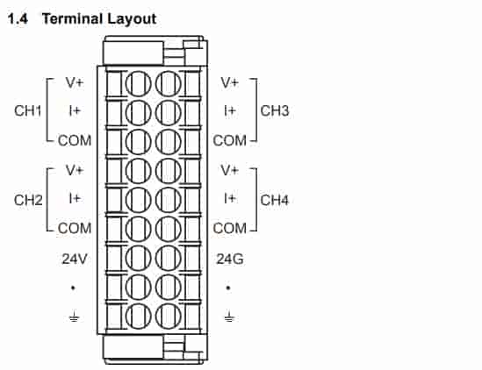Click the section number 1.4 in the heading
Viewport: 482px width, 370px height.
tap(18, 19)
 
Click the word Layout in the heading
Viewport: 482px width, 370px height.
tap(132, 19)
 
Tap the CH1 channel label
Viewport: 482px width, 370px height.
tap(28, 110)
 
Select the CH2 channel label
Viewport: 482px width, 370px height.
tap(28, 200)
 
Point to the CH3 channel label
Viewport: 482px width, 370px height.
tap(275, 110)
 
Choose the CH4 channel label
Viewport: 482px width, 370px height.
tap(275, 200)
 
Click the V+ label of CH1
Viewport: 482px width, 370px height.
tap(75, 82)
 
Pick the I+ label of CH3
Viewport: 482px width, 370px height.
tap(230, 110)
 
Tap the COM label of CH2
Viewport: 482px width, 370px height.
tap(75, 229)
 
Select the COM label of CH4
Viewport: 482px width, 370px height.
tap(230, 229)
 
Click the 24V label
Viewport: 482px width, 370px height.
tap(75, 259)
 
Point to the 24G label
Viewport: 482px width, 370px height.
tap(230, 260)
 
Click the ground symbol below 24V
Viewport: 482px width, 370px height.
tap(74, 317)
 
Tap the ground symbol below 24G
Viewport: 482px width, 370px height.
tap(229, 317)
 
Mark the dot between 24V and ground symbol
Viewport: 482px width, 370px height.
tap(73, 288)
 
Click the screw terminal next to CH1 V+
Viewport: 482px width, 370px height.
tap(139, 83)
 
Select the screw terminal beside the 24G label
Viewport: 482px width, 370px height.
tap(169, 258)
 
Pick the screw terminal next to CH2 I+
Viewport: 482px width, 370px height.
tap(139, 200)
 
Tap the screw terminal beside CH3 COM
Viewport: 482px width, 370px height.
tap(169, 141)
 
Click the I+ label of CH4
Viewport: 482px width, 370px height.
tap(230, 198)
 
